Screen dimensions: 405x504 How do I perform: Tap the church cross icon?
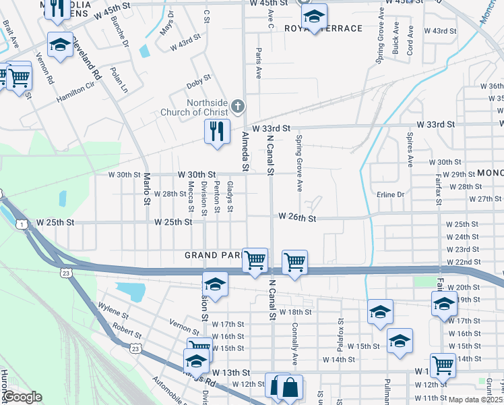click(237, 106)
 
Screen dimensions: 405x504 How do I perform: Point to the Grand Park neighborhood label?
click(214, 256)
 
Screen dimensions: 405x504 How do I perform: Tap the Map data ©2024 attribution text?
click(475, 400)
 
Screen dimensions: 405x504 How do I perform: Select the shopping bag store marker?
click(290, 387)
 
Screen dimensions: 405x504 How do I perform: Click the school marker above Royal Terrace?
click(313, 16)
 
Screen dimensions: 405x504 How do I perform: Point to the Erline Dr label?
click(390, 194)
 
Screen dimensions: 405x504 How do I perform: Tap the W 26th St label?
click(297, 218)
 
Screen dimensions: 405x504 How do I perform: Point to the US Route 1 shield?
click(23, 223)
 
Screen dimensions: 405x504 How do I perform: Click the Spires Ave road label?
click(409, 150)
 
